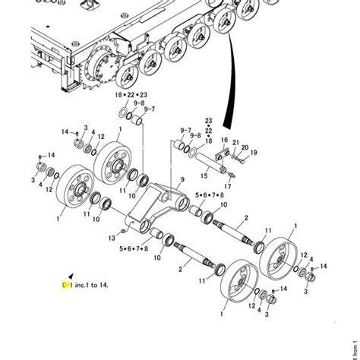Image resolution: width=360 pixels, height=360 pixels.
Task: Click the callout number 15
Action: click(203, 175)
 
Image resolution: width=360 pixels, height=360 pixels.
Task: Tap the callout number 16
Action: click(223, 140)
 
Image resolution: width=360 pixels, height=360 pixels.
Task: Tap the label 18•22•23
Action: click(130, 95)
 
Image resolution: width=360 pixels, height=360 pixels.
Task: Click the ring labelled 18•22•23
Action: click(123, 112)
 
